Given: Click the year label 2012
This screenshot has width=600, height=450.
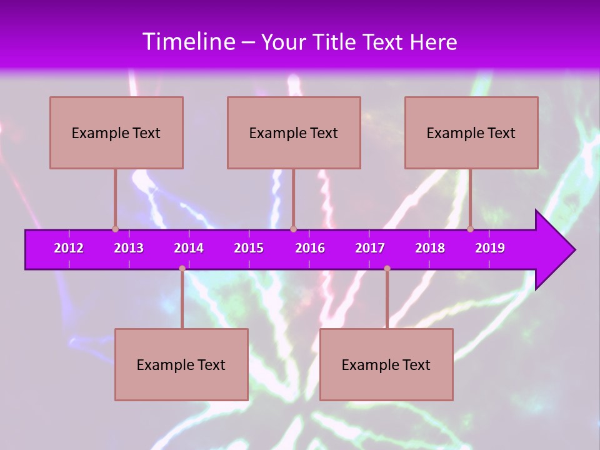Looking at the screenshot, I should [69, 248].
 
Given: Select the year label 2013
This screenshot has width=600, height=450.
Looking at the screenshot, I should [129, 248].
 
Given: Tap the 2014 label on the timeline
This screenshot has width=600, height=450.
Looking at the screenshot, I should [189, 248].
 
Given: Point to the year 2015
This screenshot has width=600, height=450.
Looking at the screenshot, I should [249, 248].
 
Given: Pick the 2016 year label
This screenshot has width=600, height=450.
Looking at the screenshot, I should [310, 248].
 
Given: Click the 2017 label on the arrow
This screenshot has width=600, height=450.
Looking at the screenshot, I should [370, 248].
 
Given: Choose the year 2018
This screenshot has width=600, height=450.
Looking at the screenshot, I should [430, 248].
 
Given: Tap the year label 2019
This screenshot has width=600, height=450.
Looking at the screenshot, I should [490, 248].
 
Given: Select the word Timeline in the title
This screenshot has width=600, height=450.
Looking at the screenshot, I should [189, 41].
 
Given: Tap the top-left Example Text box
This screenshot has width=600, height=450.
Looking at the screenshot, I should [116, 132].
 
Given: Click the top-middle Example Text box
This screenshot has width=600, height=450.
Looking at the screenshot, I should [294, 132].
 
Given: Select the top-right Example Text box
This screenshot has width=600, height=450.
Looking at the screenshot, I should [471, 132].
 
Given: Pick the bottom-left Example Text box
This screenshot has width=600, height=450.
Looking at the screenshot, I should [181, 364].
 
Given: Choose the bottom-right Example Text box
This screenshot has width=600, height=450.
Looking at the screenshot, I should [386, 364].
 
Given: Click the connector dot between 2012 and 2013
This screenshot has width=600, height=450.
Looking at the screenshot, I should [116, 229].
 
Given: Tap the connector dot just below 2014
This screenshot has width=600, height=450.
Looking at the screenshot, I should [182, 269].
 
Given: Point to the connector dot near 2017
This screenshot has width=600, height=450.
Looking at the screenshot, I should [387, 269].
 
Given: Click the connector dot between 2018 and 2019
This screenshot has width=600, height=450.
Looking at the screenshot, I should [471, 229].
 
